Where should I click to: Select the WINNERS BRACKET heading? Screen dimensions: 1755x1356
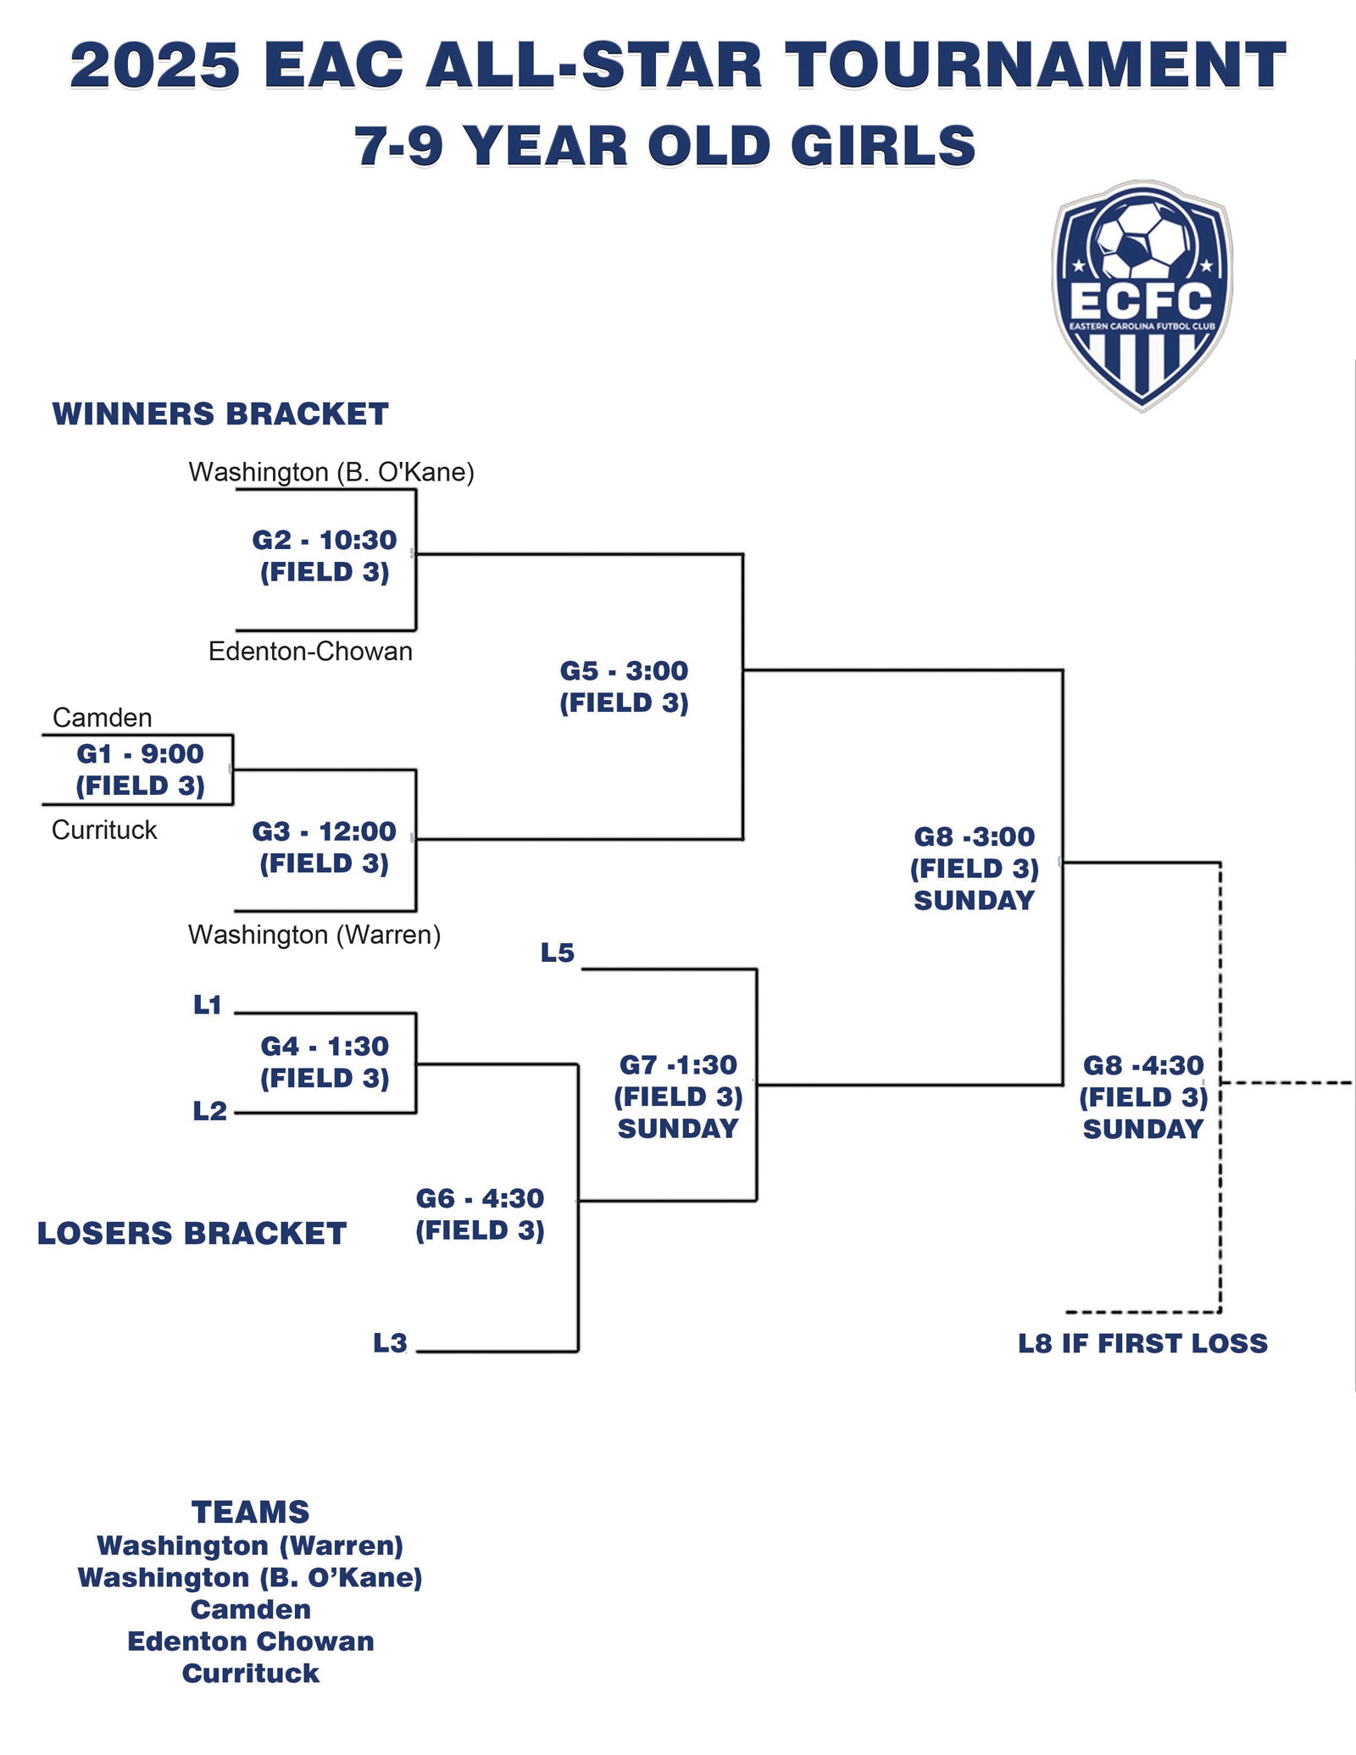coord(220,414)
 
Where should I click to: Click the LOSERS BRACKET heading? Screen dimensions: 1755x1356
coord(192,1234)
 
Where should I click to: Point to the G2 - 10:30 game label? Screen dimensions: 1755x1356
coord(325,556)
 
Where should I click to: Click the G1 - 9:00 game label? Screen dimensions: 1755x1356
coord(140,769)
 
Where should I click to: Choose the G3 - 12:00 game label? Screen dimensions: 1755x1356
coord(325,847)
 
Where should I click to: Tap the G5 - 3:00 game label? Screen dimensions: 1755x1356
coord(625,686)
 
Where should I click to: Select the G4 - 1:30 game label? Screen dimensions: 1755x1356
coord(325,1062)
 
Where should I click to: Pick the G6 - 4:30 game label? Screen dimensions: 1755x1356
coord(480,1214)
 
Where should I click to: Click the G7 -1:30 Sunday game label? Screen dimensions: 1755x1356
coord(678,1097)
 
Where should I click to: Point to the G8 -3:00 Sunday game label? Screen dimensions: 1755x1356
coord(975,869)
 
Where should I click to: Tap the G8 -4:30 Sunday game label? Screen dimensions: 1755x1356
coord(1143,1097)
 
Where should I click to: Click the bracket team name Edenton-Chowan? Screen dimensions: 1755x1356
coord(310,652)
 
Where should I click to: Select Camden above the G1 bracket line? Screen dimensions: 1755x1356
coord(102,718)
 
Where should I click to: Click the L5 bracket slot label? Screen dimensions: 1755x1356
coord(558,953)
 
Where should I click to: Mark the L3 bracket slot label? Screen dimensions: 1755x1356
coord(390,1343)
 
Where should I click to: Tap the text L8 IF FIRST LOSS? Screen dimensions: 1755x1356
coord(1142,1343)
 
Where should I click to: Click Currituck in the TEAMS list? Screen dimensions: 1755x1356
coord(251,1674)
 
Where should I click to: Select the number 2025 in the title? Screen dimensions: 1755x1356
coord(155,66)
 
